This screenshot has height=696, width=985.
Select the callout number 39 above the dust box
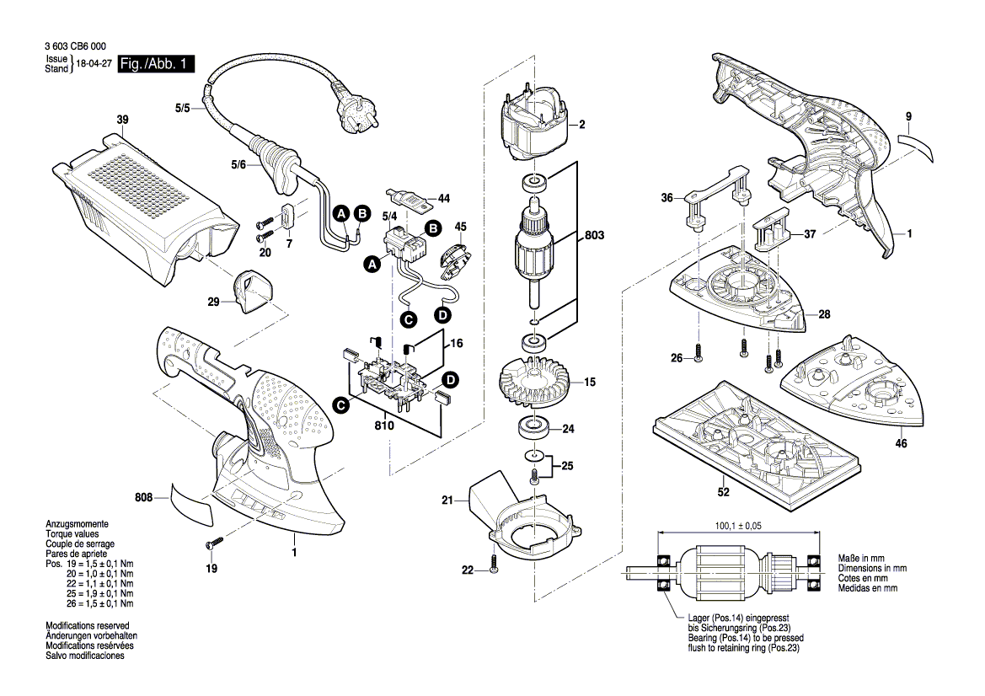coord(121,121)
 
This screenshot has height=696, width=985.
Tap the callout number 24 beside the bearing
coord(568,429)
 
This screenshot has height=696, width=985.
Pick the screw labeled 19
coord(215,544)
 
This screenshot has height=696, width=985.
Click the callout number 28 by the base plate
coord(824,314)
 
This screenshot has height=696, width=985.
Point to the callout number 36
coord(667,198)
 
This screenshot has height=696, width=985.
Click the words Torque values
coord(72,534)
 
